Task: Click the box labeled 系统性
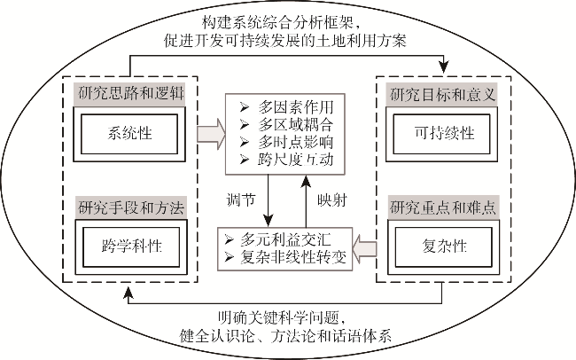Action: [x=128, y=133]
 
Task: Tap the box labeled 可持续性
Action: [x=446, y=133]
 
